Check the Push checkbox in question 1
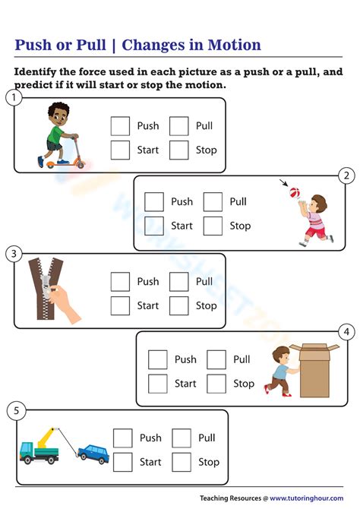tap(120, 126)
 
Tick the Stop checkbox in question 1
tap(179, 150)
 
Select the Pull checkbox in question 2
tap(213, 202)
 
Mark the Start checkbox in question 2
tap(154, 226)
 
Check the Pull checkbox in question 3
tap(179, 282)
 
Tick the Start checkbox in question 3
tap(120, 305)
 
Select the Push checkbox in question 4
tap(158, 359)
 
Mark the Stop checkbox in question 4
tap(217, 384)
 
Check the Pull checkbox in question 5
tap(182, 438)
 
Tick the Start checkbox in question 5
tap(123, 462)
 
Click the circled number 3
tap(13, 254)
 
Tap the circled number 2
tap(346, 176)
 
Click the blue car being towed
tap(93, 454)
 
